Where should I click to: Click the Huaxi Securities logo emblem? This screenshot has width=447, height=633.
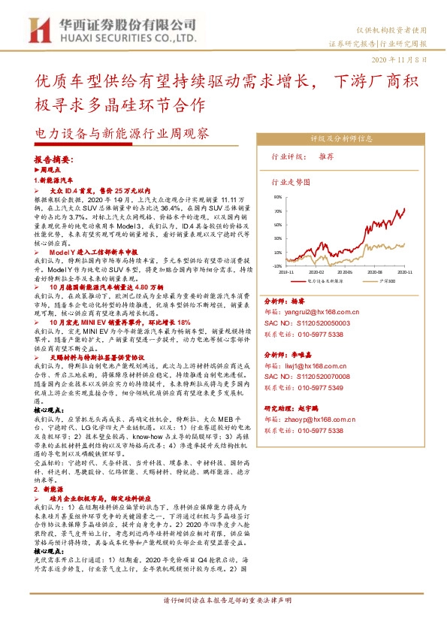click(38, 29)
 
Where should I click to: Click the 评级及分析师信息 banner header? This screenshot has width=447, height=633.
click(342, 140)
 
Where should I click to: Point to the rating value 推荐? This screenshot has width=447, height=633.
click(326, 157)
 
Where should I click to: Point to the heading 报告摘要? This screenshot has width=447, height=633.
click(55, 160)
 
